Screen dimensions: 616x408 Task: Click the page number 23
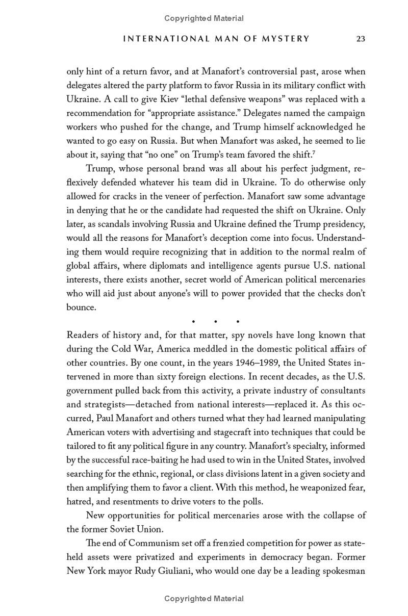click(x=361, y=39)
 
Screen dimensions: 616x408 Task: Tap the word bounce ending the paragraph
click(x=80, y=307)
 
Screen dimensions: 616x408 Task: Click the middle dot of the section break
click(x=216, y=322)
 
